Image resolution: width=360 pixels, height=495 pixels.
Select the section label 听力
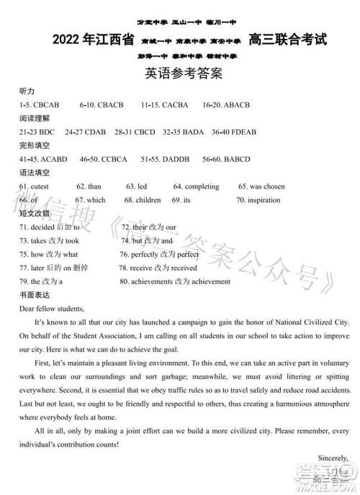27,91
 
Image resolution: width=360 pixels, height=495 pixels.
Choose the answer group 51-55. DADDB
165,159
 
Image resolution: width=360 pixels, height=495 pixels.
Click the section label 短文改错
35,214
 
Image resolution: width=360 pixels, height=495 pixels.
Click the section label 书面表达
35,295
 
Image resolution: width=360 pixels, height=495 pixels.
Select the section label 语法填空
35,173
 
